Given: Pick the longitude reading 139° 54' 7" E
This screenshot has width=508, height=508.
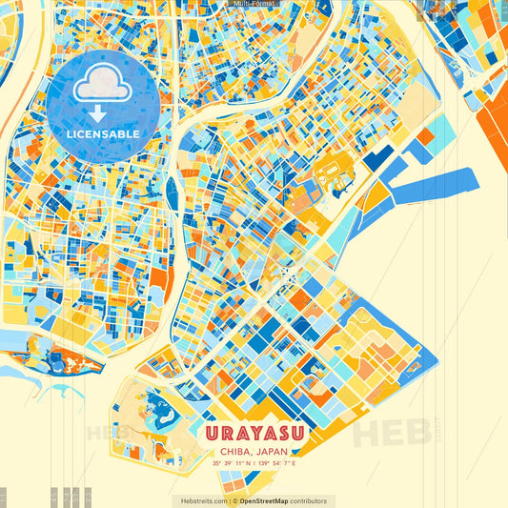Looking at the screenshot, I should [277, 464].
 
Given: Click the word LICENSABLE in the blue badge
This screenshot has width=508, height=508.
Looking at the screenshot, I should [104, 134].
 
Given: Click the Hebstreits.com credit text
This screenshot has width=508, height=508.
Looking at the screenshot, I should [199, 500].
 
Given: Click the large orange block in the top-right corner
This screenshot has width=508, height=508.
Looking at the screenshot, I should [493, 105].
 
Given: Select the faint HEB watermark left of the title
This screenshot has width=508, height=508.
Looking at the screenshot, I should [108, 433].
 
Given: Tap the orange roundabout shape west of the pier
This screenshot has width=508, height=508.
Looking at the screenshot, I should [334, 174].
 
